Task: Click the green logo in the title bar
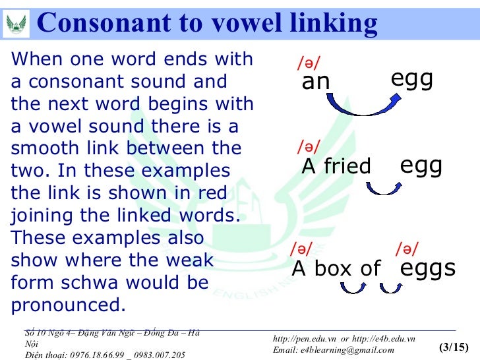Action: tap(16, 24)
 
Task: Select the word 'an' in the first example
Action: tap(315, 82)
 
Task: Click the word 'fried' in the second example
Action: tap(347, 167)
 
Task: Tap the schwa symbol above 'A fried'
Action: tap(309, 146)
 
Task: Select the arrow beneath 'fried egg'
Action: tap(382, 189)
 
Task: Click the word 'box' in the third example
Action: tap(332, 268)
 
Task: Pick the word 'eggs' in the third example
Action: tap(428, 268)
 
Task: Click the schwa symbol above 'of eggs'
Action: tap(407, 249)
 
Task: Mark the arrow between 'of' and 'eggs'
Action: tap(390, 287)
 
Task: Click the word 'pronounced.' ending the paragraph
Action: tap(68, 306)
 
